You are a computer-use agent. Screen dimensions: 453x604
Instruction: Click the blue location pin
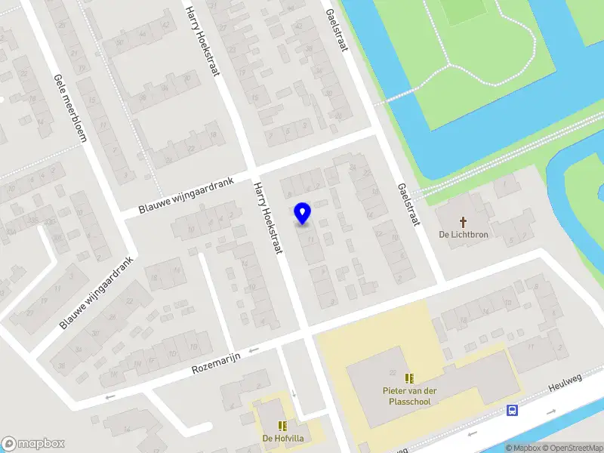click(x=303, y=214)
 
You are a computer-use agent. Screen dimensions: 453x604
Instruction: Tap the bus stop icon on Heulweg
click(x=513, y=411)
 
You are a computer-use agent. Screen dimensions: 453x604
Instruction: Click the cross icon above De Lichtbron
click(x=464, y=222)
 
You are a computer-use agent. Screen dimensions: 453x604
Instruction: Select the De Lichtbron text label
click(x=464, y=235)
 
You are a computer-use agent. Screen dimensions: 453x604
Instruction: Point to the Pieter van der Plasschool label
click(x=409, y=396)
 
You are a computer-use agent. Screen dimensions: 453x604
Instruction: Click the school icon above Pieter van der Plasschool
click(x=409, y=377)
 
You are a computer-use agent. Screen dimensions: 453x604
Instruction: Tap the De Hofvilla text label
click(x=282, y=439)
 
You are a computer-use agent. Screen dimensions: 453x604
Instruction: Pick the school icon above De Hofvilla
click(x=282, y=426)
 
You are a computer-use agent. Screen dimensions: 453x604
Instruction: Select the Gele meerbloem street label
click(x=71, y=109)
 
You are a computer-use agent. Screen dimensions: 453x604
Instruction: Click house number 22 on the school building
click(x=392, y=374)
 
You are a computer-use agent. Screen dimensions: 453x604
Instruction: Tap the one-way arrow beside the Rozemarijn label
click(x=253, y=350)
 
